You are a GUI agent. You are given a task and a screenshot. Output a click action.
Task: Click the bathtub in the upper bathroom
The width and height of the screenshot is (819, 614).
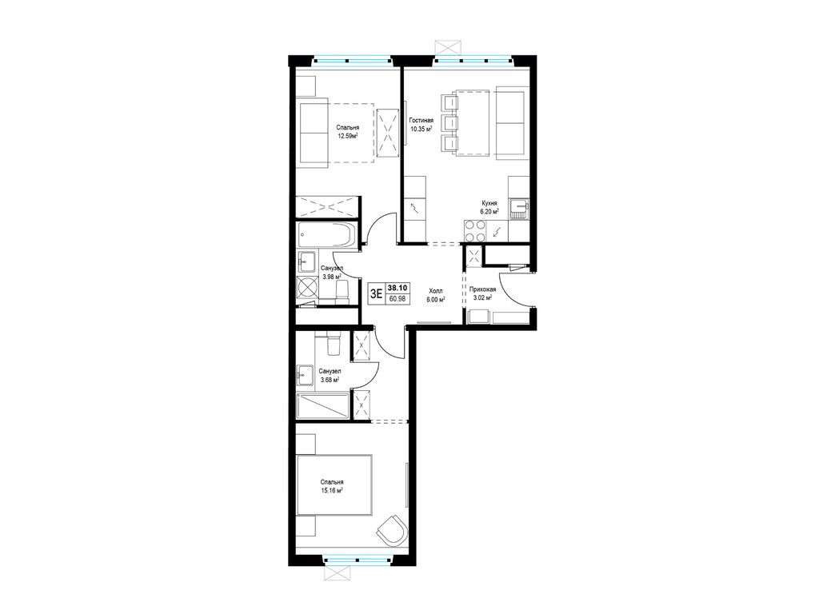coord(326,236)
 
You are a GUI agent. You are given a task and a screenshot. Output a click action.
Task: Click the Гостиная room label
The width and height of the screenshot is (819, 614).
coord(421,120)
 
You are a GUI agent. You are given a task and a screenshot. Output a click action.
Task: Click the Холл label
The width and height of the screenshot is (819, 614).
coord(436,291)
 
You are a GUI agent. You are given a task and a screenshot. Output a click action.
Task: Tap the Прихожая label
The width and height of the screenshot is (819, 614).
coord(482,289)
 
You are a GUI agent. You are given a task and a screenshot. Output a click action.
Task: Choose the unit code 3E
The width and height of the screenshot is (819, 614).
coord(376,293)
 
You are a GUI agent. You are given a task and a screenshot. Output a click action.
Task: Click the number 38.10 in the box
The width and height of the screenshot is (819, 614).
coord(398,287)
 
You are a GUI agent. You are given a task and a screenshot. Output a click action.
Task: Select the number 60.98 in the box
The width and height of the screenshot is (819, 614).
coord(398,299)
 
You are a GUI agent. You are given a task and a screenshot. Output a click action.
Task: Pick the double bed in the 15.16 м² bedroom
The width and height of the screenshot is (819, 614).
coord(334,485)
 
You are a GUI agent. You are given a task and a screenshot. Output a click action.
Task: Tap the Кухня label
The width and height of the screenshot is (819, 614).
coord(489,204)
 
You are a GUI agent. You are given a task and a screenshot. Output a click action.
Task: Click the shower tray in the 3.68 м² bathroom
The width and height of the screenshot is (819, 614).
coord(322,406)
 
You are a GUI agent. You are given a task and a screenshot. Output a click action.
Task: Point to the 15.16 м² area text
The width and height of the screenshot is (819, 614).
coord(332,491)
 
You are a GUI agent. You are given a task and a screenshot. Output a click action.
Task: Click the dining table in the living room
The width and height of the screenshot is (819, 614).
coord(473,122)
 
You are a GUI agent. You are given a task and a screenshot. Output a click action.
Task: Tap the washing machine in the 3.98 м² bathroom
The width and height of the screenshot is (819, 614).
coord(306,288)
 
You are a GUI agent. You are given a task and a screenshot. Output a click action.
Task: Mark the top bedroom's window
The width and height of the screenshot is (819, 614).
coord(352,59)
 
